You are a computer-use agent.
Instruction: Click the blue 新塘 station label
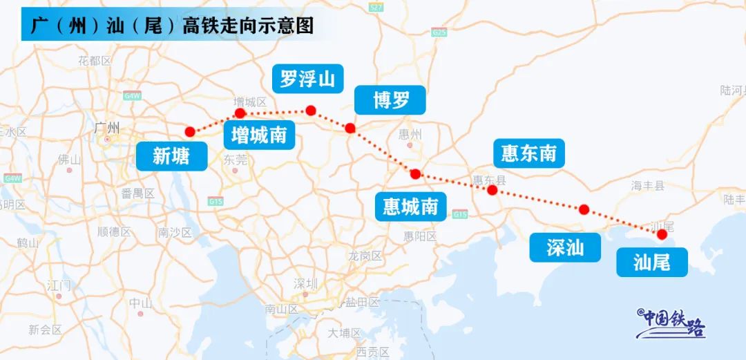(x=171, y=157)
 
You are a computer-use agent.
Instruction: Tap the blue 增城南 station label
(x=259, y=135)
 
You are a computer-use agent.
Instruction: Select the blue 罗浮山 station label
(x=307, y=79)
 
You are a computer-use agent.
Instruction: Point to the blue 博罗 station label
(x=391, y=101)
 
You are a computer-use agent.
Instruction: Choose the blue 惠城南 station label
(x=410, y=207)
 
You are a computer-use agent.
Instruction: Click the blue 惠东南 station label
(x=528, y=153)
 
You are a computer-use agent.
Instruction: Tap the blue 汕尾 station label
(x=651, y=262)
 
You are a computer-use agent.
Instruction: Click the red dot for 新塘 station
(x=190, y=132)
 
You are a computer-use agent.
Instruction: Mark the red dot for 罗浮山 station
(x=311, y=111)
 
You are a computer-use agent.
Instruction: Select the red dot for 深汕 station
(x=584, y=209)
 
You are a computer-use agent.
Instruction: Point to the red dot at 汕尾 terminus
(x=662, y=234)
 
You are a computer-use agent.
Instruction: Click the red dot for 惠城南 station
(x=415, y=174)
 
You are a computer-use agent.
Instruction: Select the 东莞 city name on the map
(x=235, y=160)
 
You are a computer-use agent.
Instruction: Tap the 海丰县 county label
(x=647, y=185)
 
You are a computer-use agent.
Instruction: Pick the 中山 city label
(x=140, y=303)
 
